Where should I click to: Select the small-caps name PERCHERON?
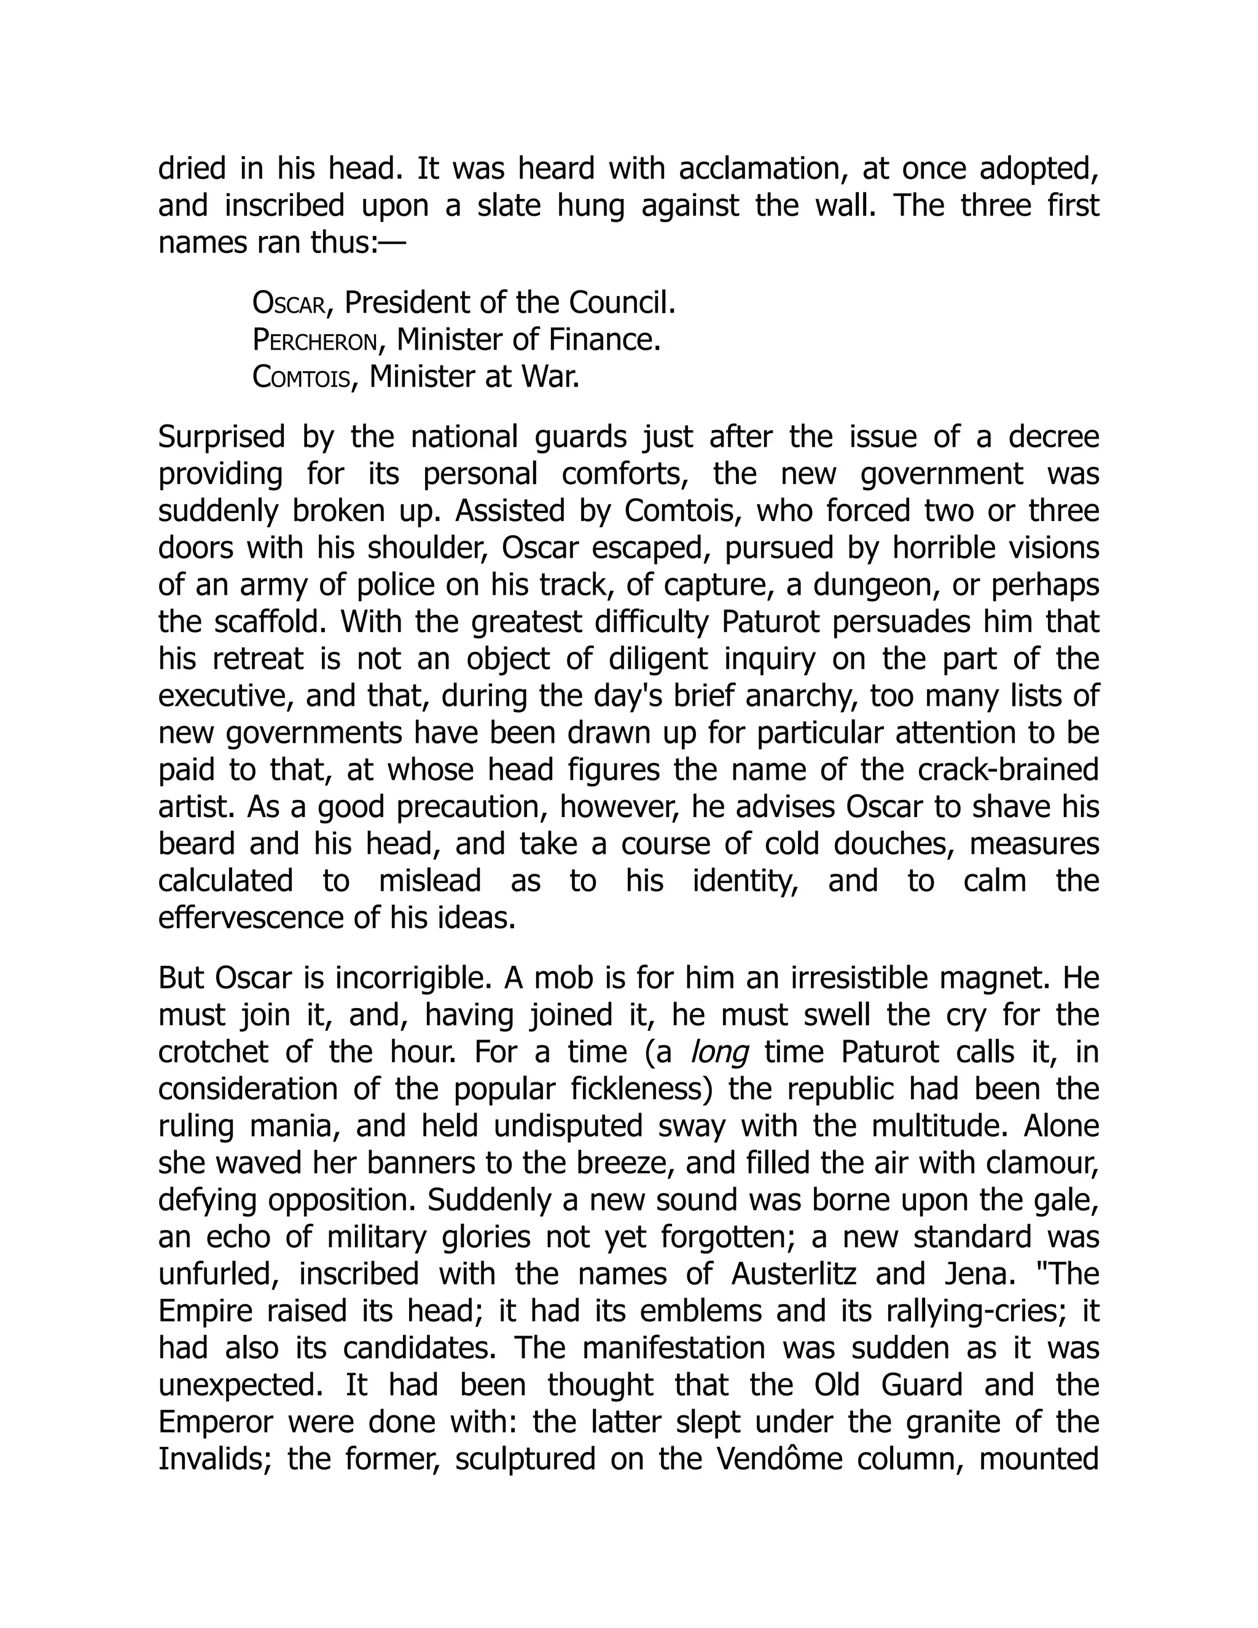[x=314, y=341]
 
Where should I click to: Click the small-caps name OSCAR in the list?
[x=289, y=303]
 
